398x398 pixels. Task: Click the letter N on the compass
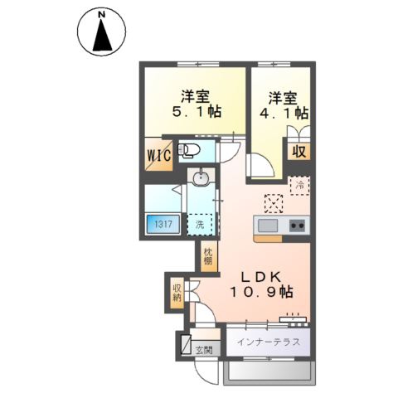102,15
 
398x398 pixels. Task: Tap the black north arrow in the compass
102,36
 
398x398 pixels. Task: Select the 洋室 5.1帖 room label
197,104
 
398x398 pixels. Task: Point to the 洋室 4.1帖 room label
284,106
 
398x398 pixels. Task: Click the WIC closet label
159,156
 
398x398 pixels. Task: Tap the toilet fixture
189,151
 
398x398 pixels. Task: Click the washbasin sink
201,178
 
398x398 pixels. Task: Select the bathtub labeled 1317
163,224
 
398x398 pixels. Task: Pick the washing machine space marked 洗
200,225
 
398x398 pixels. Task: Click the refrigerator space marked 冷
299,186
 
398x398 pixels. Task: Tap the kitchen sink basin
268,226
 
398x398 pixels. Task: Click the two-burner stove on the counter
297,226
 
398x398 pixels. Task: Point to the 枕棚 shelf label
209,256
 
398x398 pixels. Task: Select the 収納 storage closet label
177,293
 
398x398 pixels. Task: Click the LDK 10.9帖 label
261,284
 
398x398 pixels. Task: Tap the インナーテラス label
269,342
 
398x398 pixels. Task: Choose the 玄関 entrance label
204,350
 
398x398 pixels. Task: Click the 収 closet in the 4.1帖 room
299,152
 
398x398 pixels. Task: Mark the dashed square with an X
274,204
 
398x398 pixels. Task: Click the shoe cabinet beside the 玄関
186,344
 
